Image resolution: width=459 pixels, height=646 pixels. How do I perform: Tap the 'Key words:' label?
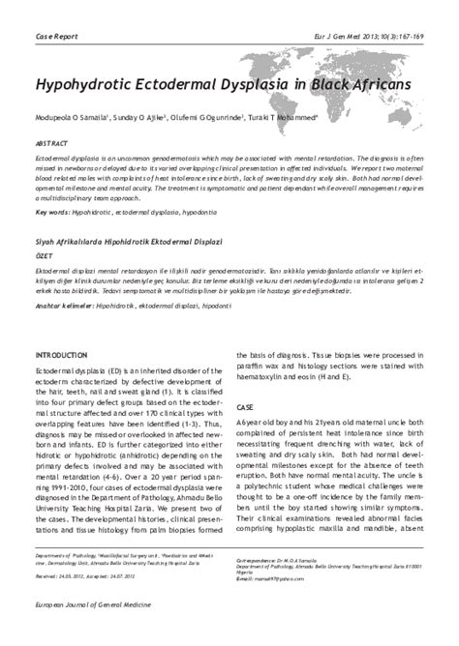click(x=55, y=211)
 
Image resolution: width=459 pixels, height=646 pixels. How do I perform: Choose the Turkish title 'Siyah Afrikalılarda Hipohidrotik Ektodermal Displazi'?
click(x=128, y=237)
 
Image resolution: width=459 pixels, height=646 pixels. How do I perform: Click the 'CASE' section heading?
click(x=246, y=407)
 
